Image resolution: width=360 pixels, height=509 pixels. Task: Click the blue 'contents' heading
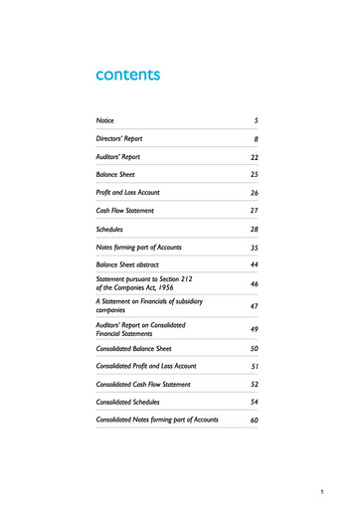[127, 75]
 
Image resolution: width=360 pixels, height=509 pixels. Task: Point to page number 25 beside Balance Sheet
[254, 175]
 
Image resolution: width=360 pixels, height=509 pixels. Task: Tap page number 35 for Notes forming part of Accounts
[254, 248]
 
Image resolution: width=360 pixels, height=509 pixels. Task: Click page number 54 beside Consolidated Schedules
[254, 403]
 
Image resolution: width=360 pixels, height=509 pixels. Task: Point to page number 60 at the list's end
[254, 422]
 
